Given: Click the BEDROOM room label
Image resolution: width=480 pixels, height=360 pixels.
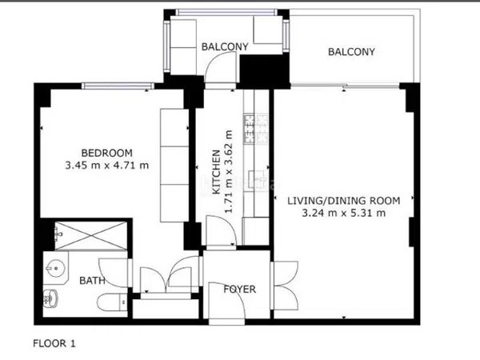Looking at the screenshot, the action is coord(106,153).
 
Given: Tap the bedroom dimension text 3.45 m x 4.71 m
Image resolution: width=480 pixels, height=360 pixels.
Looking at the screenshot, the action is coord(107,166).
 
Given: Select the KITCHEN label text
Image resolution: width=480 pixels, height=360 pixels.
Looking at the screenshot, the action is coord(216,172).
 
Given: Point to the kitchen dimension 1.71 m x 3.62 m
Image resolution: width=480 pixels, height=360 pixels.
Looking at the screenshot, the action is coord(229,172).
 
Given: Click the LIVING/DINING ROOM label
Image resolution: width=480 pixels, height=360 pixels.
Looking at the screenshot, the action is coord(344,201).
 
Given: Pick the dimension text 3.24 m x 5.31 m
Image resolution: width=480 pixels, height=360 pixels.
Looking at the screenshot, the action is coord(344,213).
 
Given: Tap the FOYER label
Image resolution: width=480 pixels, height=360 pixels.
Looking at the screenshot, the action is coord(239,290).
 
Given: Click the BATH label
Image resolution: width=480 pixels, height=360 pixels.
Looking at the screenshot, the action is coord(92,281).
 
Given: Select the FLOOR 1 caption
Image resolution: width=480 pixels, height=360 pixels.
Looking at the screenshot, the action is coord(54,343).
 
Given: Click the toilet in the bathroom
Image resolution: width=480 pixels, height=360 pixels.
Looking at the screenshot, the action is coord(112,302).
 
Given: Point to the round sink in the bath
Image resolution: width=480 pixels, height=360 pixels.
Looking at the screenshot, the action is coord(56,269).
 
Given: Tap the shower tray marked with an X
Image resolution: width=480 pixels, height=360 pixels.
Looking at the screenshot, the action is coord(91,236).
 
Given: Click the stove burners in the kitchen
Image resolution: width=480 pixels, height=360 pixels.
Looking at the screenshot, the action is coord(256,129).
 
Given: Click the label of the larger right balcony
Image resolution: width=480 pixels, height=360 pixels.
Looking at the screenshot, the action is coord(351,52).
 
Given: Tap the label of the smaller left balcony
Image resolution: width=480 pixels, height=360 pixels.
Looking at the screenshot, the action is coord(225,47).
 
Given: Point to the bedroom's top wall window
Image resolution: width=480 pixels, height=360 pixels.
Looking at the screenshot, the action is coord(118,86).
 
